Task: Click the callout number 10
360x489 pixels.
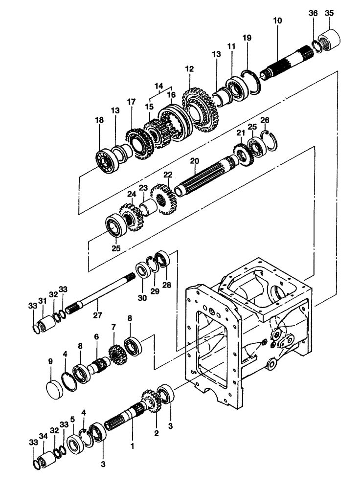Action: [x=278, y=21]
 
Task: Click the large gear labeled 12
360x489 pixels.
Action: [x=201, y=111]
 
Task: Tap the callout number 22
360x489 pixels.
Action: [x=168, y=175]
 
